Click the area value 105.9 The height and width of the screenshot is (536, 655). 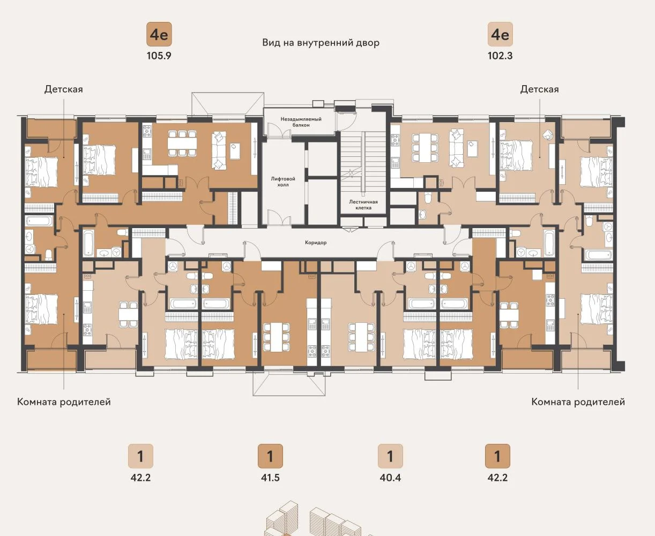pyautogui.click(x=159, y=56)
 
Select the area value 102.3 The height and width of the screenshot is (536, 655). pyautogui.click(x=500, y=56)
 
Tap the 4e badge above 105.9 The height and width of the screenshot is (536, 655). pyautogui.click(x=159, y=34)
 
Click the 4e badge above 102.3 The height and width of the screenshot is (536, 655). pyautogui.click(x=500, y=34)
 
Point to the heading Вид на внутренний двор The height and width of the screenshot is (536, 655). pyautogui.click(x=321, y=42)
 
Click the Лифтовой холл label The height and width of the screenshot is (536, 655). pyautogui.click(x=283, y=182)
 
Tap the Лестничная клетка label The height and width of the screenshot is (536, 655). pyautogui.click(x=363, y=205)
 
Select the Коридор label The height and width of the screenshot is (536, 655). pyautogui.click(x=316, y=243)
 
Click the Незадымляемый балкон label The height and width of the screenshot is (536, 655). pyautogui.click(x=301, y=122)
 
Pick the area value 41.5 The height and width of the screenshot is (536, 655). pyautogui.click(x=270, y=478)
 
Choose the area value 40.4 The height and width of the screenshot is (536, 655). pyautogui.click(x=390, y=478)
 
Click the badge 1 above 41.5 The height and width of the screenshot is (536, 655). pyautogui.click(x=270, y=456)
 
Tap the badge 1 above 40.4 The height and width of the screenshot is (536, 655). pyautogui.click(x=390, y=456)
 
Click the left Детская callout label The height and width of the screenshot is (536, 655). pyautogui.click(x=64, y=89)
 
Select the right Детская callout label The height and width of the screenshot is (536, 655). pyautogui.click(x=539, y=89)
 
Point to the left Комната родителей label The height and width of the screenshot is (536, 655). pyautogui.click(x=64, y=402)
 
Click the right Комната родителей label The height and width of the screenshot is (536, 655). pyautogui.click(x=578, y=402)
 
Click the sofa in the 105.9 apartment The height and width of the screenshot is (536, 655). pyautogui.click(x=219, y=150)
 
